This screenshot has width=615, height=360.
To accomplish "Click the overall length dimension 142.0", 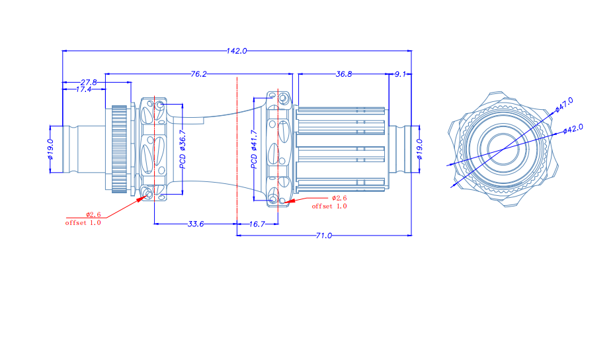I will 237,50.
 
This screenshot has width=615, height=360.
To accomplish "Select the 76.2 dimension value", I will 198,74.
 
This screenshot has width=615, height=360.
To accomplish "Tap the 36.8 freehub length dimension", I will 344,74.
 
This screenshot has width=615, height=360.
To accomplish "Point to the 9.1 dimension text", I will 400,74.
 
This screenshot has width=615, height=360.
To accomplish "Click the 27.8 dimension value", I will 89,82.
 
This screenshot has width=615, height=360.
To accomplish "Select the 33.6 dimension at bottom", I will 195,224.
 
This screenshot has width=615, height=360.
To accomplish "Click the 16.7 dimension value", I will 257,224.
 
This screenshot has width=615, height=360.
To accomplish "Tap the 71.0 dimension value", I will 324,235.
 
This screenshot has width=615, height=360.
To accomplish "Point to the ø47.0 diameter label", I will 563,105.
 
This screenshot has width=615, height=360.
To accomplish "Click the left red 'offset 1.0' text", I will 83,223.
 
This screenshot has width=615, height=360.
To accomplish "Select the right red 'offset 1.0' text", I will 329,206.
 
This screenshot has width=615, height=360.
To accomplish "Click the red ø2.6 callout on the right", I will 339,198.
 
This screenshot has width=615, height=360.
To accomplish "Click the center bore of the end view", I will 499,149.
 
